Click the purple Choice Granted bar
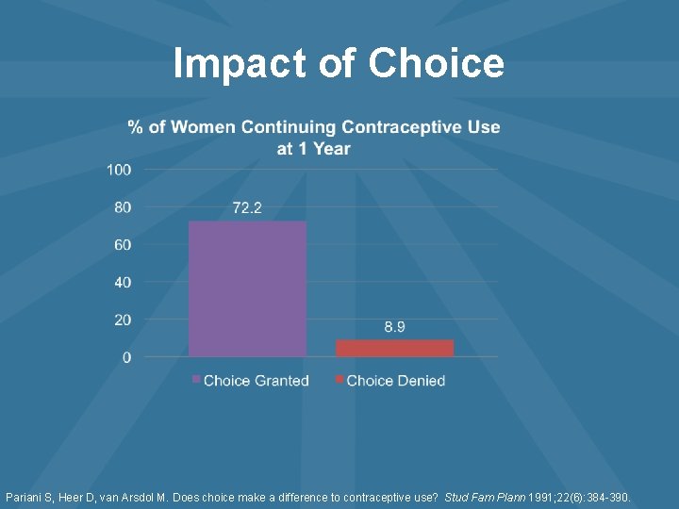(x=247, y=288)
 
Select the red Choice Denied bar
(x=394, y=348)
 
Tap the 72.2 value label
(x=247, y=207)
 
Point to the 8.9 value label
(x=394, y=326)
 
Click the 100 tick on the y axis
(x=119, y=170)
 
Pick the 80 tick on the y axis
(x=123, y=207)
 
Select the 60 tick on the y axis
(x=123, y=245)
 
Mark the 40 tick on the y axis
(x=123, y=283)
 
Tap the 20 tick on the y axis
(x=123, y=320)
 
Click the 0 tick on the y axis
(x=126, y=358)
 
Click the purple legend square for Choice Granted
(x=196, y=380)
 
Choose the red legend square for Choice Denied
(x=339, y=380)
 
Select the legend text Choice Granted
(x=256, y=381)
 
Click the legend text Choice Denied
(x=395, y=381)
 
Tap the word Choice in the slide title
(x=437, y=64)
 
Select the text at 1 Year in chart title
(x=313, y=148)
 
